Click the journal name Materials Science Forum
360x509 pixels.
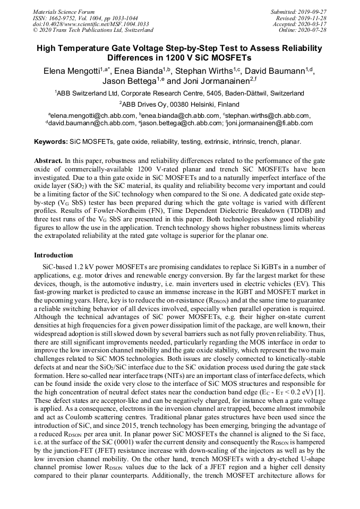click(x=64, y=12)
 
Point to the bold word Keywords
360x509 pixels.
click(x=50, y=142)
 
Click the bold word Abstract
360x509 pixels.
click(x=48, y=160)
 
